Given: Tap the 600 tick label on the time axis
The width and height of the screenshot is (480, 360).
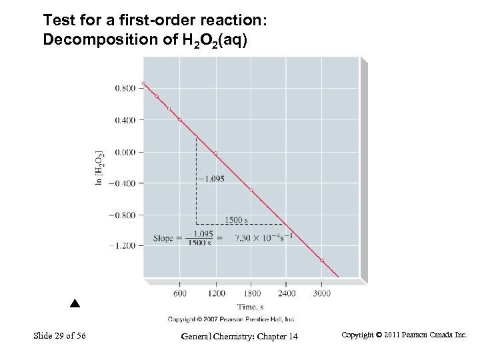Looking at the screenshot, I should pyautogui.click(x=180, y=293).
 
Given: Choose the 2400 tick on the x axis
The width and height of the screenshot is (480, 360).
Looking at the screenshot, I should pyautogui.click(x=287, y=293).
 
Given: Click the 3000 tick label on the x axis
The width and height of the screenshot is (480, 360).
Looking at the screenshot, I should pyautogui.click(x=322, y=293).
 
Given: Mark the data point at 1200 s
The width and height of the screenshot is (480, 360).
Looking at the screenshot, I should pyautogui.click(x=215, y=153).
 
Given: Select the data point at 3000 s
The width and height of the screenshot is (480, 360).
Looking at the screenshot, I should pyautogui.click(x=322, y=261).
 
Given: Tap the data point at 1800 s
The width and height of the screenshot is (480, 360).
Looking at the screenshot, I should pyautogui.click(x=251, y=190).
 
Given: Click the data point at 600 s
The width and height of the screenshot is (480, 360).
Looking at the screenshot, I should pyautogui.click(x=179, y=120).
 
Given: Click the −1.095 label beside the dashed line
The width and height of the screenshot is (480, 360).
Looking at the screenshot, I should pyautogui.click(x=211, y=179).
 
